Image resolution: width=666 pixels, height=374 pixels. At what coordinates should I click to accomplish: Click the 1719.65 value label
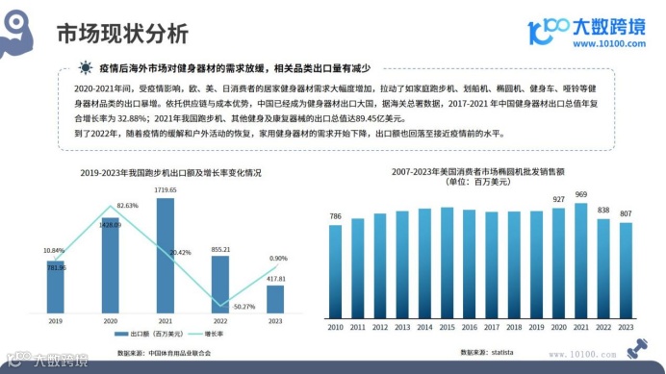(x=166, y=190)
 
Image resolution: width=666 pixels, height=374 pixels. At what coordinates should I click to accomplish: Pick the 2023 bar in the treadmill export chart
(x=275, y=298)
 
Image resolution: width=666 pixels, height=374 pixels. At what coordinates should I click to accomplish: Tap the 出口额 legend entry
(x=147, y=335)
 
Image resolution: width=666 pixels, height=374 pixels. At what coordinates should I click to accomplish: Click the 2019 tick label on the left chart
(x=56, y=321)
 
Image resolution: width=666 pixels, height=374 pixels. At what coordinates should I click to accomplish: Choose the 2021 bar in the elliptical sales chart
(x=581, y=260)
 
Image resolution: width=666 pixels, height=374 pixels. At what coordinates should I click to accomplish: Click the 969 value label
(x=581, y=195)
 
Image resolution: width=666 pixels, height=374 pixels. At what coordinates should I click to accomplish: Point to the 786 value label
(x=336, y=216)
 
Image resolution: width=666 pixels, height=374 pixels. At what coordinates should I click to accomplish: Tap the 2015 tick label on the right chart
(x=447, y=328)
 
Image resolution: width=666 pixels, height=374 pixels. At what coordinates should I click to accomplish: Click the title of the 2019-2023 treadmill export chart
(x=170, y=173)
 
